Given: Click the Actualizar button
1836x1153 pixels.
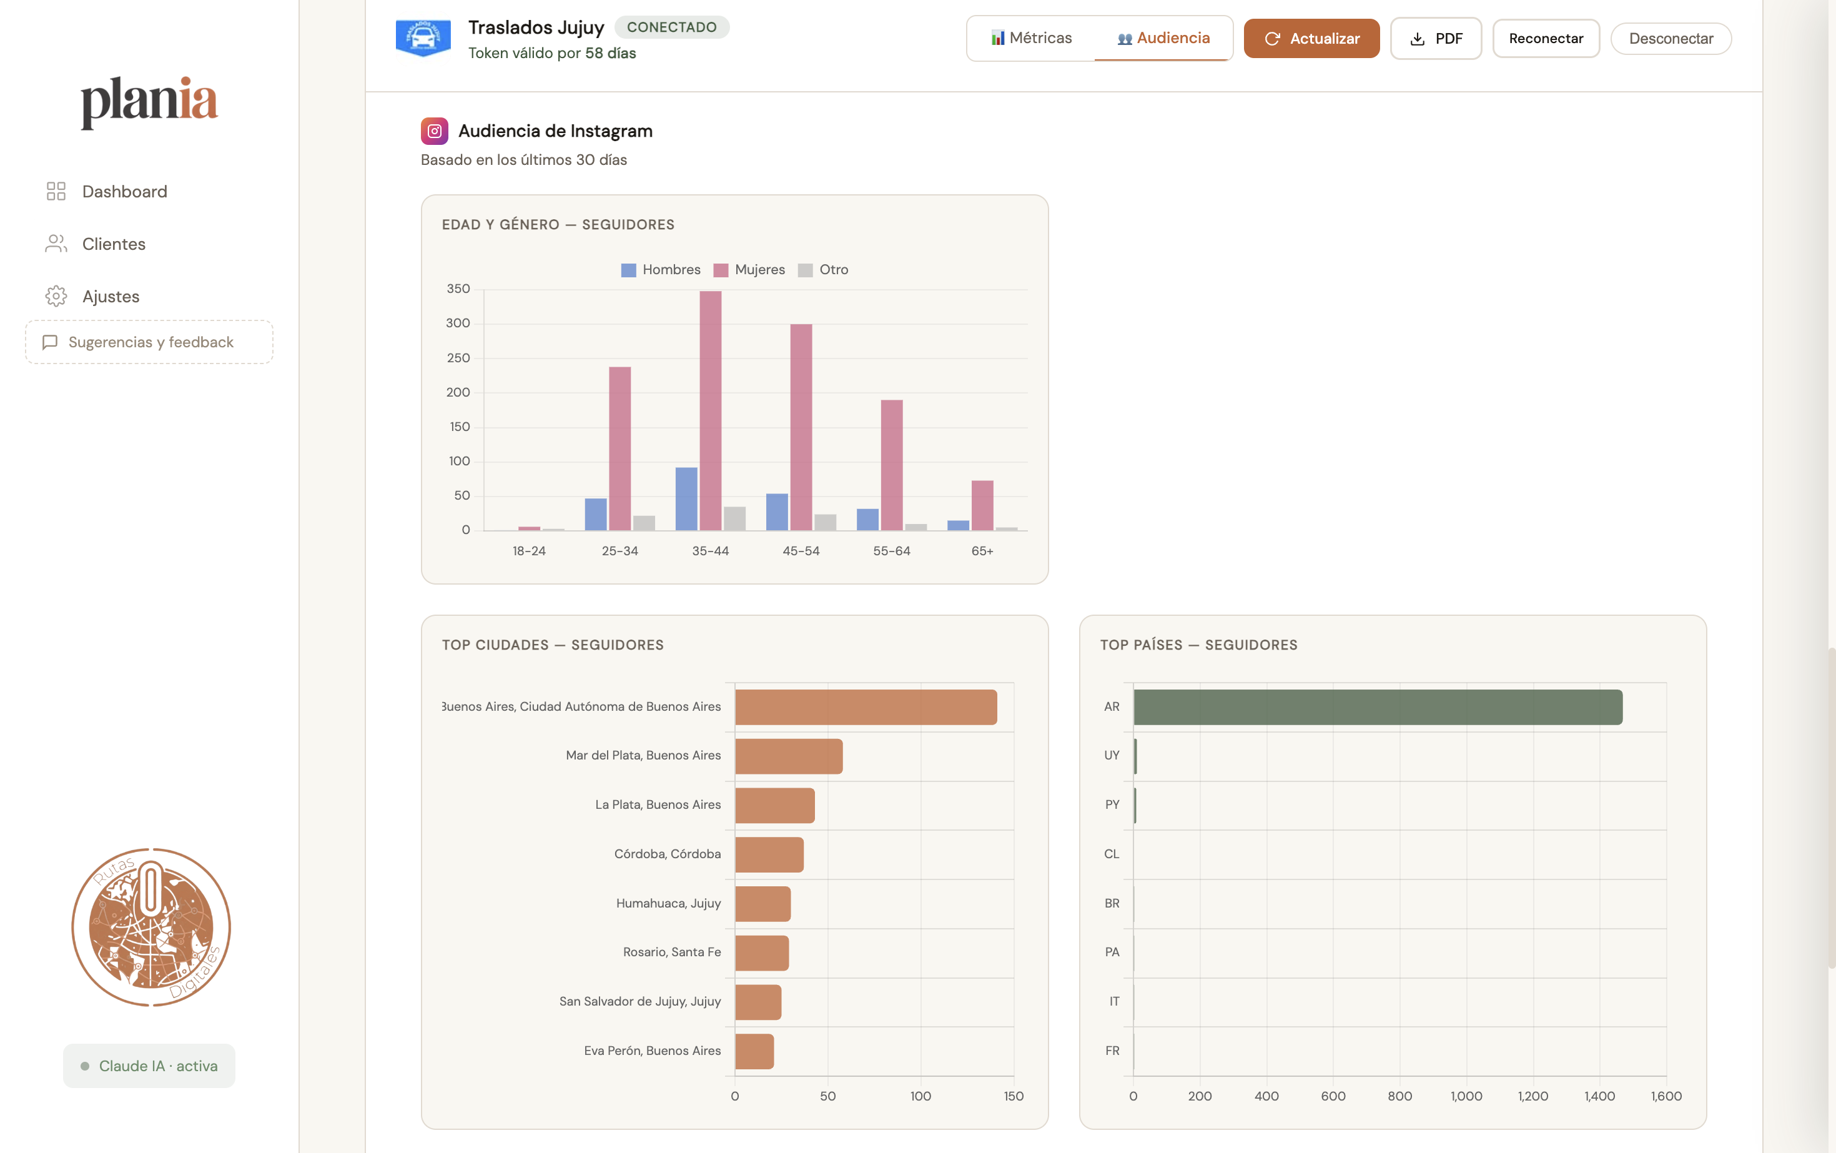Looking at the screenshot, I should coord(1311,38).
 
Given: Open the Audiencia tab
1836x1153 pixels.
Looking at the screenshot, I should coord(1163,38).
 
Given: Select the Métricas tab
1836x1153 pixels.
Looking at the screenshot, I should coord(1031,38).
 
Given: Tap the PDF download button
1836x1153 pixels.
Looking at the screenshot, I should coord(1435,38).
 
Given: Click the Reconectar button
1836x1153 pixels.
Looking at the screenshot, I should coord(1545,38).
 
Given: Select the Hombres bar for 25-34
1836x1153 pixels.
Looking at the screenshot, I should coord(596,514).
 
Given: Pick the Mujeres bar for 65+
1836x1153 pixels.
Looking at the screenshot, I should coord(982,505).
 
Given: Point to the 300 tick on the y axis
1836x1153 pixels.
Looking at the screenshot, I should coord(458,324).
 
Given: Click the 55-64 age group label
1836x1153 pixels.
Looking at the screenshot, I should coord(891,550).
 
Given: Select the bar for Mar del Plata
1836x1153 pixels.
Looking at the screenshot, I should coord(788,756).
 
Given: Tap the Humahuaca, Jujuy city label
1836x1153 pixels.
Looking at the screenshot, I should coord(668,903).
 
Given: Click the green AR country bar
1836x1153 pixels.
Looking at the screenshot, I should coord(1377,707).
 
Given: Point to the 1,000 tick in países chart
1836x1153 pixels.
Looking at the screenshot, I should coord(1466,1096).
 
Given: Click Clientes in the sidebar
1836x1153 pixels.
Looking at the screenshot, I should coord(113,244).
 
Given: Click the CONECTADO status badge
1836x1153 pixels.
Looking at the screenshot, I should coord(671,27).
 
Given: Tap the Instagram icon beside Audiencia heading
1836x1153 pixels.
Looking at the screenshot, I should coord(435,131).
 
